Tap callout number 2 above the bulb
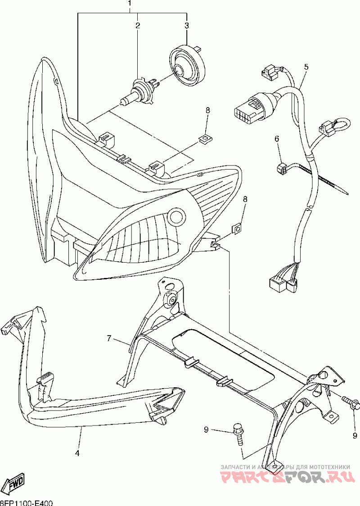click(138, 25)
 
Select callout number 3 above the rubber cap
click(187, 25)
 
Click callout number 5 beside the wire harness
click(306, 67)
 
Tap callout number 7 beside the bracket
click(109, 338)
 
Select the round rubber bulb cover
click(185, 64)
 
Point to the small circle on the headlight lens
click(177, 217)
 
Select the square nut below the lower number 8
click(238, 229)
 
